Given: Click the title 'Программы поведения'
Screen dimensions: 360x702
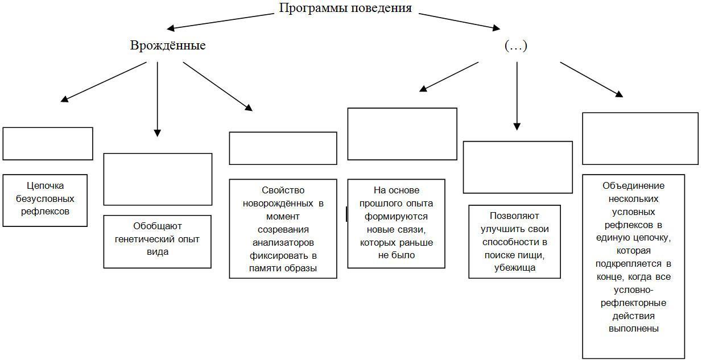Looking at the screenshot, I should (345, 9).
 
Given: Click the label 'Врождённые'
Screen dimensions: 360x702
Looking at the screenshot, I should (168, 45).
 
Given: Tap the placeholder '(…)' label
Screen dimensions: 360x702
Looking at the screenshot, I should (516, 46).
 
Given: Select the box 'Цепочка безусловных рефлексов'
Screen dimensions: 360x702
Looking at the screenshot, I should (45, 200).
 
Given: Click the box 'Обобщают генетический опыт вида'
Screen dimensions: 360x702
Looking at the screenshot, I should (157, 241).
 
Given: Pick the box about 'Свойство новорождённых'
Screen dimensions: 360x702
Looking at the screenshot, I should (283, 229).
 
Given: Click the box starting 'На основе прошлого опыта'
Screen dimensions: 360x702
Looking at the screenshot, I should (396, 223).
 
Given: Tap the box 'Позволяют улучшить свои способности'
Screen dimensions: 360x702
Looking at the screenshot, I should (514, 242).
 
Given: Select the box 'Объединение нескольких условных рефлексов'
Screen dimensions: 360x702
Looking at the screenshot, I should (633, 266).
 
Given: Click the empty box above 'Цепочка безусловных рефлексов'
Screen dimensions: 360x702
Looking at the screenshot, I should (48, 143).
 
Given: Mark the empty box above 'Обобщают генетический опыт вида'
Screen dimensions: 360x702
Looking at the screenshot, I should (158, 179).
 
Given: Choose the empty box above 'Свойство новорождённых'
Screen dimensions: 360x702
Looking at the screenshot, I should (283, 148).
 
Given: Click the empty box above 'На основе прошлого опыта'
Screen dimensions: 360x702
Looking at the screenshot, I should (402, 134).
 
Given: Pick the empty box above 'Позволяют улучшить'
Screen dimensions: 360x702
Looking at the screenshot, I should (518, 167).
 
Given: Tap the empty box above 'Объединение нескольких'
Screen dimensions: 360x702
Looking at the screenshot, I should (640, 138).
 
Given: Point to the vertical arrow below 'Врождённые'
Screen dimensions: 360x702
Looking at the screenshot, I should (158, 97).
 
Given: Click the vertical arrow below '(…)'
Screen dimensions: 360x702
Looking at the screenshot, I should (517, 94).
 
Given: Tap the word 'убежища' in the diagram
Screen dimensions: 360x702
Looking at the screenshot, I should (515, 267).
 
